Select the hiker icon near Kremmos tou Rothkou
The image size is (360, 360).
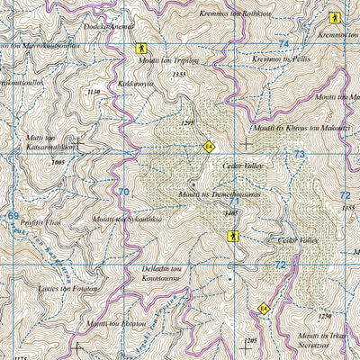[334, 17]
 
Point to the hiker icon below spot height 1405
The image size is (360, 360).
[233, 236]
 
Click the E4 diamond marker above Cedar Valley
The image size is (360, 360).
[209, 145]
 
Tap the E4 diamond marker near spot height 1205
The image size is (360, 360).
[263, 309]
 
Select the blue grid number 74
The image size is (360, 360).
[283, 44]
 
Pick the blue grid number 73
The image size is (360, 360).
[299, 156]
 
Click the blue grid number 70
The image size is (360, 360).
[123, 192]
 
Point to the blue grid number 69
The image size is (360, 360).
[13, 216]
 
